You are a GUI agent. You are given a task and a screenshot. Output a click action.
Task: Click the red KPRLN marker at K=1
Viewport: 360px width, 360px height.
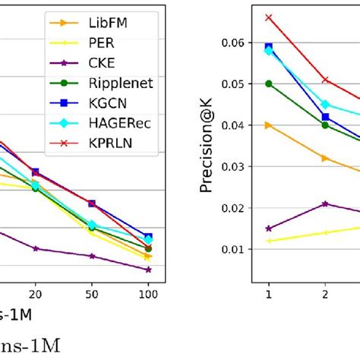click(x=268, y=17)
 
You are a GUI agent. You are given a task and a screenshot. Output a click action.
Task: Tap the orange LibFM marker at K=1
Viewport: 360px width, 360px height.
click(x=268, y=125)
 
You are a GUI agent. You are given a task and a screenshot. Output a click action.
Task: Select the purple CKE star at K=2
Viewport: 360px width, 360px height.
click(x=325, y=204)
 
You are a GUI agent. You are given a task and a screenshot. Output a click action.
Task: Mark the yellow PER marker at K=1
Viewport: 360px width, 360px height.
click(x=268, y=241)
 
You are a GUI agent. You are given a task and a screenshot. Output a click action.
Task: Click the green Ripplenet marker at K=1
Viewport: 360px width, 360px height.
click(x=268, y=84)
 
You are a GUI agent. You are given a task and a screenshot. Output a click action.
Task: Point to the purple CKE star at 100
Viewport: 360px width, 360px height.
click(x=148, y=270)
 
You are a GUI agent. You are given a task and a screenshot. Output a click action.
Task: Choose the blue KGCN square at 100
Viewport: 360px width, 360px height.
click(x=148, y=237)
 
